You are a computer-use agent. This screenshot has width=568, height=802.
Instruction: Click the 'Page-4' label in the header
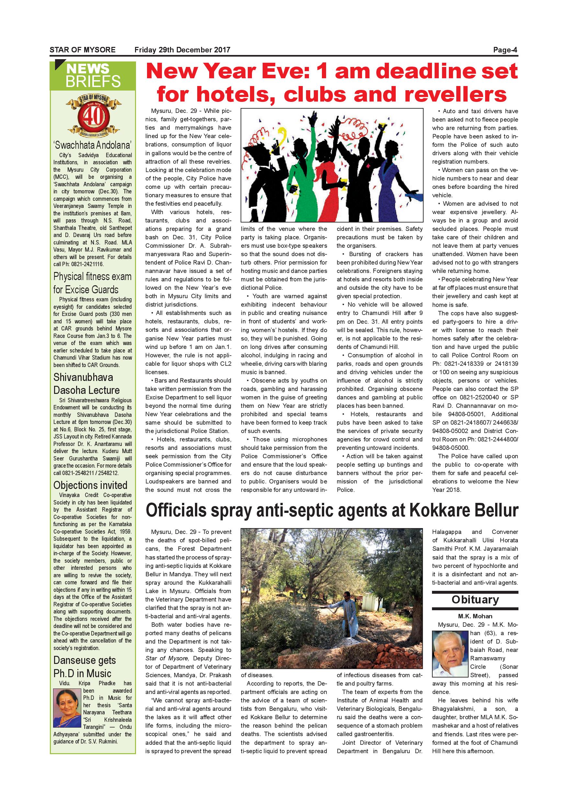[x=505, y=50]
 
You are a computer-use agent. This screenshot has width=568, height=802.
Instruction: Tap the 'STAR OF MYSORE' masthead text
[x=83, y=50]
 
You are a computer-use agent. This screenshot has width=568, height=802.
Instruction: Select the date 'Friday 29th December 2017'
[x=182, y=50]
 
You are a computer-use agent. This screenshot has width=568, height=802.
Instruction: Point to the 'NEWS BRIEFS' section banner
[x=93, y=75]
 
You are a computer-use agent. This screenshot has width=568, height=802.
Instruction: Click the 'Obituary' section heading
[x=475, y=600]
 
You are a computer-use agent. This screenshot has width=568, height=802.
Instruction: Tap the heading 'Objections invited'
[x=90, y=485]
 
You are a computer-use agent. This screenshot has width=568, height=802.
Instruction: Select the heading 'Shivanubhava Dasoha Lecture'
[x=86, y=384]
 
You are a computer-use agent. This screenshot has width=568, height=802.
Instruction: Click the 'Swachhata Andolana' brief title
[x=93, y=145]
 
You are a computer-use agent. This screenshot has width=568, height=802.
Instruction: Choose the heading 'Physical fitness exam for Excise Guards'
[x=92, y=283]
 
